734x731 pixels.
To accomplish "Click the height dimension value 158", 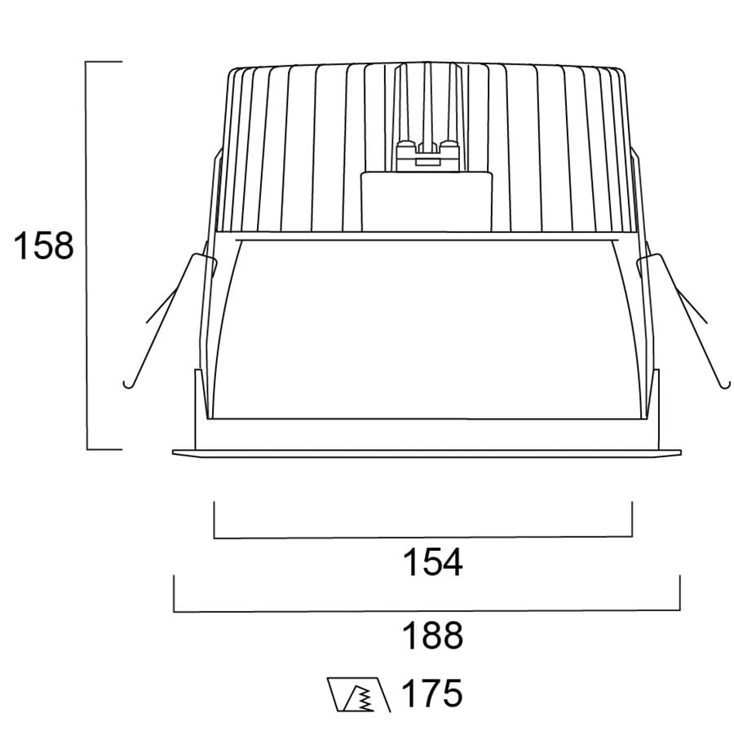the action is (x=44, y=245).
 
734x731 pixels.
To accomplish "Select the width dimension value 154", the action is (x=432, y=561).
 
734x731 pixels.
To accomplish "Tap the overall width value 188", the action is (x=432, y=635).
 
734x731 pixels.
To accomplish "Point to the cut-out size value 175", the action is (x=432, y=693).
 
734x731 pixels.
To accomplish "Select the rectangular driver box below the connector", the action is (x=427, y=201).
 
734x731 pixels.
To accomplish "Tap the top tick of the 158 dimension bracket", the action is (x=104, y=62).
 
